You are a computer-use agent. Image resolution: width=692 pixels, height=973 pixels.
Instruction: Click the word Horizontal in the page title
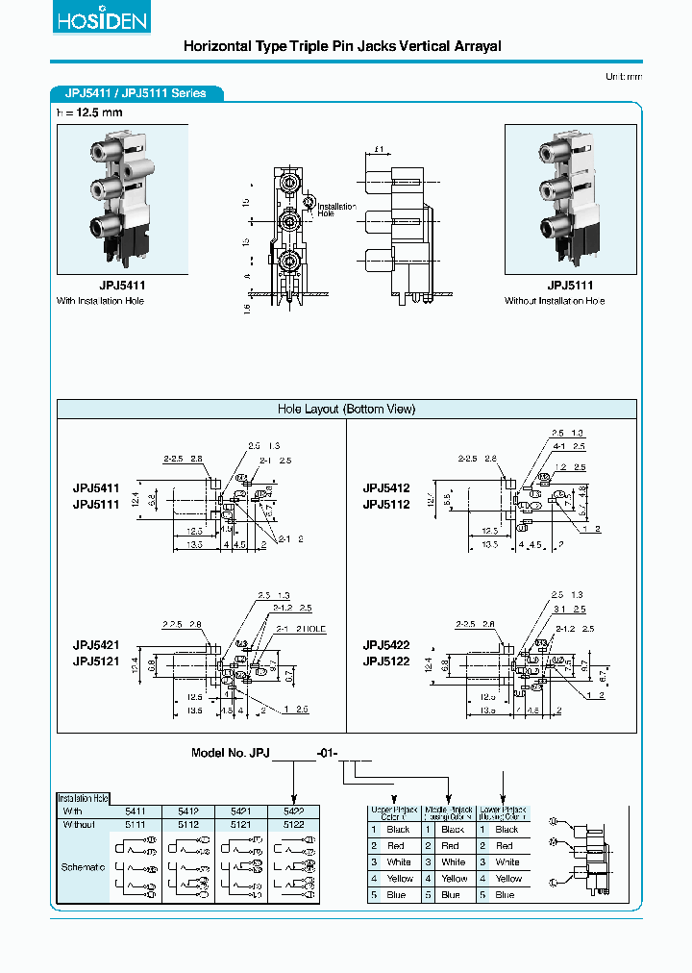216,46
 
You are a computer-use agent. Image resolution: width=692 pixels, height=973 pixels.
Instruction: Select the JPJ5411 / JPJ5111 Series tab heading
136,93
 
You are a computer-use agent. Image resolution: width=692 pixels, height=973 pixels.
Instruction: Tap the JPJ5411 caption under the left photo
122,286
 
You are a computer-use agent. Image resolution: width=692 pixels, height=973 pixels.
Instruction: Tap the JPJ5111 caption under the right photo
570,286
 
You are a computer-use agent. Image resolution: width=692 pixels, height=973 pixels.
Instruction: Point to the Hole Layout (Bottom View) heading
346,409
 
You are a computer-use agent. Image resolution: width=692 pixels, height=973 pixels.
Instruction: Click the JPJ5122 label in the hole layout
386,661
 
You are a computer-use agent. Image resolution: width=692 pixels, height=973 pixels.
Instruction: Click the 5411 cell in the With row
136,811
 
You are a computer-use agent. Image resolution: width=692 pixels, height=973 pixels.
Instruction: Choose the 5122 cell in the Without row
293,824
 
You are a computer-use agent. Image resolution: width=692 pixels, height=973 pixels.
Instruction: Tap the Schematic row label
84,868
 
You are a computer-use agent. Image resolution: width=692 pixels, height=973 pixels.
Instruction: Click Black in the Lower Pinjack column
507,829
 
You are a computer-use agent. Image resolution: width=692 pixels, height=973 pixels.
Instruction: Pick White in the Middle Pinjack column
453,861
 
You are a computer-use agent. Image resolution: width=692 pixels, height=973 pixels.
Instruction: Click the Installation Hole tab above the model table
84,798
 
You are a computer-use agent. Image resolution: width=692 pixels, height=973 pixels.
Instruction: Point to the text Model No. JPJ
232,754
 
